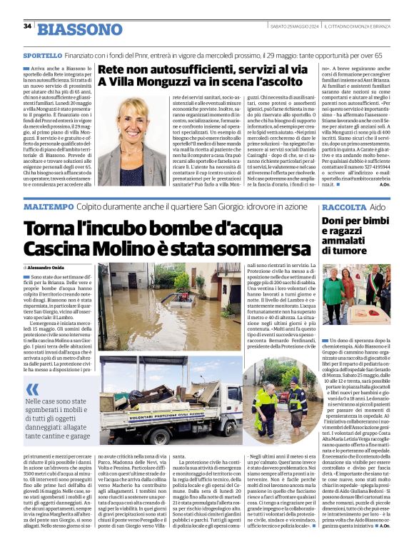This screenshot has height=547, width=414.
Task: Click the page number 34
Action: point(28,26)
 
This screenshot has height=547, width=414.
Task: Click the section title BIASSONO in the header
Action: point(79,29)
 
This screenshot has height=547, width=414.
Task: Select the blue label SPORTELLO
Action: point(41,55)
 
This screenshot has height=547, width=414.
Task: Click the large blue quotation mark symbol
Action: point(32,390)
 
